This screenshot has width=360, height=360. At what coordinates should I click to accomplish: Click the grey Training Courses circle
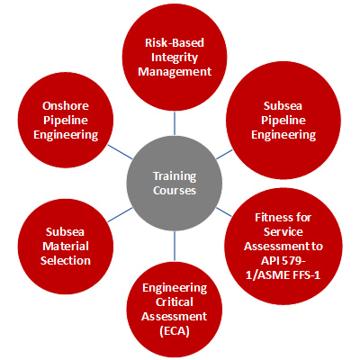tap(175, 183)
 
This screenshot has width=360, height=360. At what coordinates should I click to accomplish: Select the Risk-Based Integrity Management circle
tap(175, 57)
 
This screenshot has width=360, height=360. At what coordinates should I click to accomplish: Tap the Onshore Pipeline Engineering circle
tap(66, 120)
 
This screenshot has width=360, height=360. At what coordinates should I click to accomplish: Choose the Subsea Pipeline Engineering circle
tap(283, 120)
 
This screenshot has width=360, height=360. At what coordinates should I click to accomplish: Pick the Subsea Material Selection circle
tap(66, 247)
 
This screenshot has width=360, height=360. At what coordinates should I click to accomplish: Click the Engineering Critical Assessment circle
tap(175, 310)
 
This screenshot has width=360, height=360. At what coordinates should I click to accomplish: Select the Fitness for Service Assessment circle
tap(283, 247)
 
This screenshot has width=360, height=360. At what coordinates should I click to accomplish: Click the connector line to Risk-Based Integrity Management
tap(175, 123)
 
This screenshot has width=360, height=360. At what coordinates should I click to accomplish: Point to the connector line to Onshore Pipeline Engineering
tap(120, 152)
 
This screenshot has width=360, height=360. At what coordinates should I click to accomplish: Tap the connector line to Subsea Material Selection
tap(120, 215)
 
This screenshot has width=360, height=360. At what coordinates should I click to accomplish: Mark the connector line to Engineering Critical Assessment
tap(175, 246)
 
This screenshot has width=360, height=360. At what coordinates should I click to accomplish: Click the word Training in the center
tap(175, 176)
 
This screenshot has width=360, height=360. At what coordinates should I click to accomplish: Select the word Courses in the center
tap(175, 191)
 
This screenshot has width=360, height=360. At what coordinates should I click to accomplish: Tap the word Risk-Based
tap(175, 42)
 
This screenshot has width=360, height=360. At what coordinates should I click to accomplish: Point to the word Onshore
tap(66, 105)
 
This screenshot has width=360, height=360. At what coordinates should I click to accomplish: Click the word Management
tap(175, 71)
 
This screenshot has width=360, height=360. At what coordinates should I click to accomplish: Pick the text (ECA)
tap(175, 331)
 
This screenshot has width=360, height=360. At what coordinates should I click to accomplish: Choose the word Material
tap(66, 246)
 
